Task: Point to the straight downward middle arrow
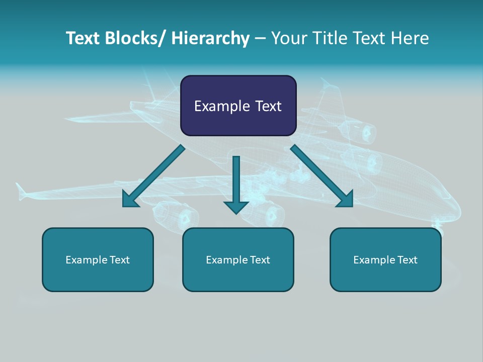(236, 181)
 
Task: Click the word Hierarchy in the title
(210, 38)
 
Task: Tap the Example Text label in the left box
(98, 260)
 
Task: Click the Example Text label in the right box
(385, 260)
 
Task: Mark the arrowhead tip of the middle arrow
(236, 214)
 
